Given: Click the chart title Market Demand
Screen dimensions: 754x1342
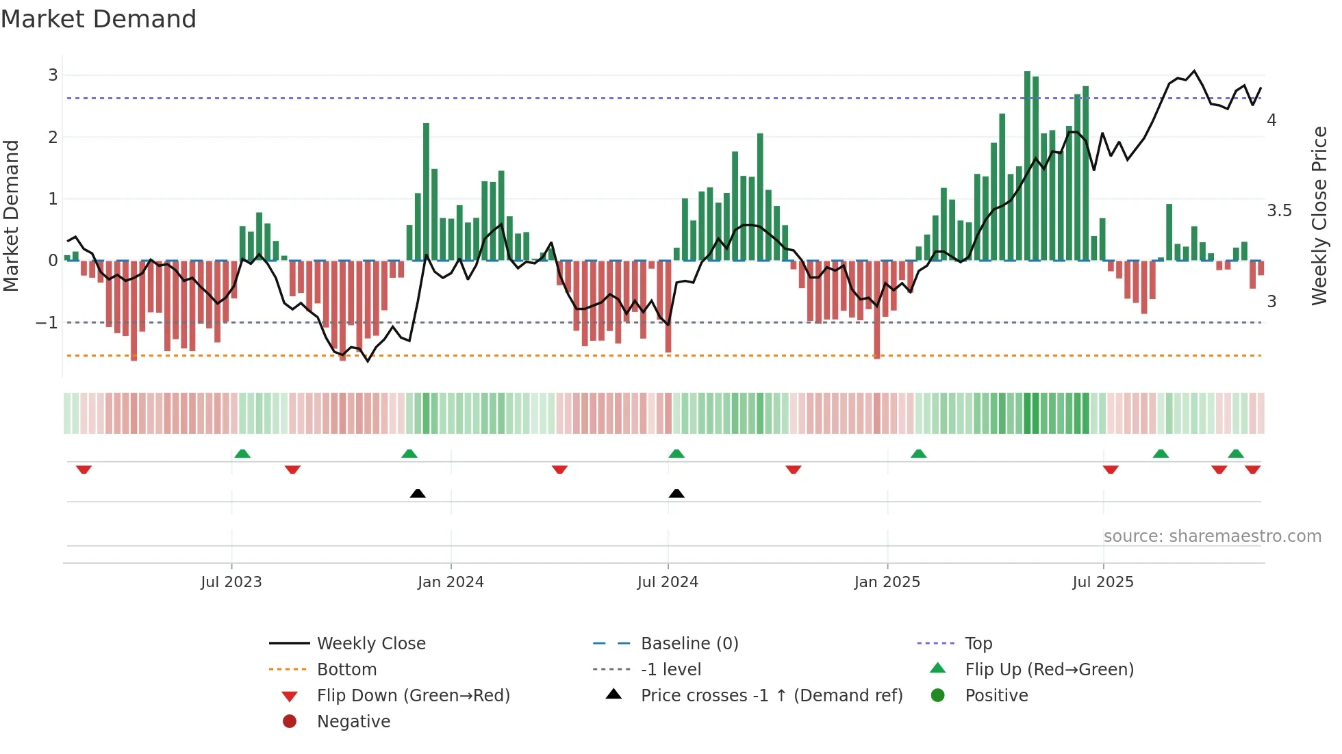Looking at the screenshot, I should click(99, 19).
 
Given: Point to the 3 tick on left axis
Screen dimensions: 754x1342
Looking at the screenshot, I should click(53, 75).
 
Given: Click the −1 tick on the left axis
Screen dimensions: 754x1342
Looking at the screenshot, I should click(47, 322).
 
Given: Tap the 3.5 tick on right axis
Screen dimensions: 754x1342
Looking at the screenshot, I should click(1279, 211).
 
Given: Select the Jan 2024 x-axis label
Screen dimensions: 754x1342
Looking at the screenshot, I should click(451, 582).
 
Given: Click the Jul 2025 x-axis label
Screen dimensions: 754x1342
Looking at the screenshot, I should click(1103, 582).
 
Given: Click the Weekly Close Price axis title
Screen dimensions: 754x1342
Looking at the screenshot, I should click(1319, 216).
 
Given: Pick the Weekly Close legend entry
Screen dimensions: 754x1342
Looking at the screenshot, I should click(370, 644).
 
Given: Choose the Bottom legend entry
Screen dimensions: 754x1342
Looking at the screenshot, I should click(346, 670).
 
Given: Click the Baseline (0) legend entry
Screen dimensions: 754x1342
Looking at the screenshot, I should click(689, 644).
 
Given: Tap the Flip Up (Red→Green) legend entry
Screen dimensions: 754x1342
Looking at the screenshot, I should click(1049, 670).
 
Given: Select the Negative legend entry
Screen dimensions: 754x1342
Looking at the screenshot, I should click(353, 722).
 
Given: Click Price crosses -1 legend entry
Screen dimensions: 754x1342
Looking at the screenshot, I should click(771, 696).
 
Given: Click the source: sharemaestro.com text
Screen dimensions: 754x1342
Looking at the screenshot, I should click(1212, 536).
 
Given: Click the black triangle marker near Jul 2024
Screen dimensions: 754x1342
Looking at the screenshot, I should click(676, 493).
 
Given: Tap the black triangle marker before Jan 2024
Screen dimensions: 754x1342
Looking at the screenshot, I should click(418, 493).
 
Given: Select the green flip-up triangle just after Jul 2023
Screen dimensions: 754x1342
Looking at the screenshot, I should click(242, 454).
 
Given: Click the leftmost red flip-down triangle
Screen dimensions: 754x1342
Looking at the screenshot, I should click(84, 469).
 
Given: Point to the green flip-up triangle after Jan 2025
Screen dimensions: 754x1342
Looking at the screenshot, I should click(919, 454).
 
